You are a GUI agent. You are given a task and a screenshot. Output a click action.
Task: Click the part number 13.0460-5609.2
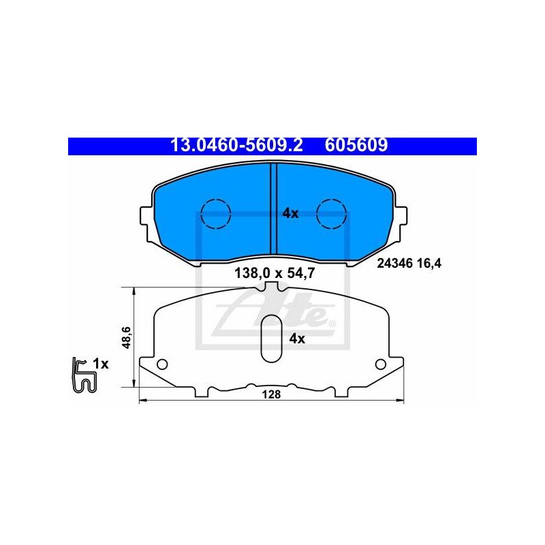[236, 145]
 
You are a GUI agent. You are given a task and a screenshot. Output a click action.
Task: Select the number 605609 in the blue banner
[356, 145]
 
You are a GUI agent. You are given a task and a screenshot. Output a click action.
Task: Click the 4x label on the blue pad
[290, 213]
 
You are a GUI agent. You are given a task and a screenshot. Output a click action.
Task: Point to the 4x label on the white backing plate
[297, 338]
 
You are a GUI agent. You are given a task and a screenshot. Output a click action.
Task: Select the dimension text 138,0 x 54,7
[275, 273]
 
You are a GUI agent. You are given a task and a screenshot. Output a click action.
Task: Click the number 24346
[395, 264]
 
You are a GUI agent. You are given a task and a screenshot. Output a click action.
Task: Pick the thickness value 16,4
[429, 264]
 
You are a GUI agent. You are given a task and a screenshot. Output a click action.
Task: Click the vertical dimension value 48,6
[126, 337]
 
